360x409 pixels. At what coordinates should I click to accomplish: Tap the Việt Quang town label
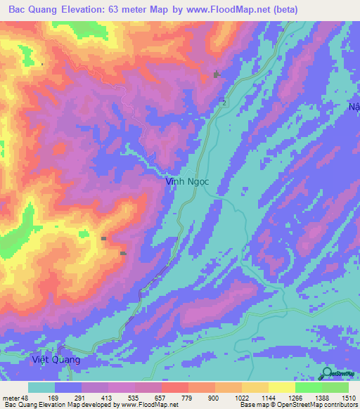[x=57, y=360]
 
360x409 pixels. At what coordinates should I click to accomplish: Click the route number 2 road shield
[x=224, y=103]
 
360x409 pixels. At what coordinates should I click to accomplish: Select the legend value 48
[x=27, y=397]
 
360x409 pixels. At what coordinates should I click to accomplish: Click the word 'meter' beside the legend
[x=11, y=397]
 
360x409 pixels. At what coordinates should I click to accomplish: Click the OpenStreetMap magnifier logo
[x=327, y=372]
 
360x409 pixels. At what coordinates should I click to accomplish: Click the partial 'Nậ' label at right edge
[x=354, y=107]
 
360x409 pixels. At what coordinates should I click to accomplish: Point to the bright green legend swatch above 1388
[x=308, y=387]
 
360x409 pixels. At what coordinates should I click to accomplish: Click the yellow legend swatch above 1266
[x=281, y=387]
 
